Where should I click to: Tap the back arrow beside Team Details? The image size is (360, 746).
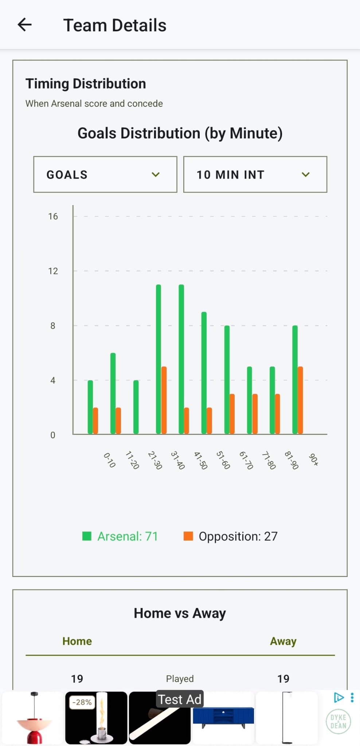(25, 25)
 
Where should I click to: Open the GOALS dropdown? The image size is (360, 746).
(105, 174)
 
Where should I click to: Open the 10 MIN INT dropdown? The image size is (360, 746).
(255, 174)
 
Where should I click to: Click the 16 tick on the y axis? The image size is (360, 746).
(53, 216)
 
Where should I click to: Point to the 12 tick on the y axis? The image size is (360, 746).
(53, 271)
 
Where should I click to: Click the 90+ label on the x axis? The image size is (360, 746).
(314, 459)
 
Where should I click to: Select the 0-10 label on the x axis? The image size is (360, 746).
(109, 460)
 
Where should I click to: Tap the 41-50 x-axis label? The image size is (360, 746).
(200, 460)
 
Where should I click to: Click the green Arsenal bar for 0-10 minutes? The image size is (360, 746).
(90, 407)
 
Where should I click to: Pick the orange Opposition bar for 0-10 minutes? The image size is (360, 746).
(95, 421)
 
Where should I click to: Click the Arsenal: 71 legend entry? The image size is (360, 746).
(120, 536)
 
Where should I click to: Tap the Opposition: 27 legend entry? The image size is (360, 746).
(231, 536)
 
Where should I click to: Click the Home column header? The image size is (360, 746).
(77, 641)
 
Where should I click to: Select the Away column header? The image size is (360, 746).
(283, 641)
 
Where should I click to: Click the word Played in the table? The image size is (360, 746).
(180, 679)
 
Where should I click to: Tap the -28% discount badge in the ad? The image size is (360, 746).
(82, 702)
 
